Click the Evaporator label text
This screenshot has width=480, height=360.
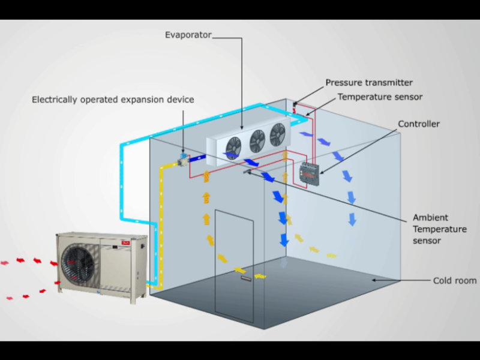[x=188, y=35]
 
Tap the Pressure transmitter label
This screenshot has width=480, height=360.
[x=369, y=83]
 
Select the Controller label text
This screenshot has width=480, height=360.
[x=418, y=124]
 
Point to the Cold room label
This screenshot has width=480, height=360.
[x=455, y=280]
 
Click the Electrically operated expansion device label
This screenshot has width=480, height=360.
[x=113, y=100]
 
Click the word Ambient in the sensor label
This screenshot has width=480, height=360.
[x=430, y=218]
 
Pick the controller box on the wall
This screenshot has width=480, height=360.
[x=309, y=173]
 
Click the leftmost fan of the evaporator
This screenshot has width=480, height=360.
[x=233, y=148]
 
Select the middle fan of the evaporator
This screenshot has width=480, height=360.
[x=257, y=141]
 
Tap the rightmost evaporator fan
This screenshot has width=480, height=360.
[x=277, y=134]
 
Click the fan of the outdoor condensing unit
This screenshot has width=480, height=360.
[x=78, y=263]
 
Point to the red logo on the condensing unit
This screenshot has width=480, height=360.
[x=126, y=243]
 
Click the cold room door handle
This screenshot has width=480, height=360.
[x=246, y=278]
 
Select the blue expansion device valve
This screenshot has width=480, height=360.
[x=184, y=156]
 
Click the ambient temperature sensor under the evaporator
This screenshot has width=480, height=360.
[x=247, y=172]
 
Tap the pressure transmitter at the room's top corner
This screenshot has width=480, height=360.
[x=295, y=104]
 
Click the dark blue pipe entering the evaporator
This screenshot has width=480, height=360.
[x=197, y=158]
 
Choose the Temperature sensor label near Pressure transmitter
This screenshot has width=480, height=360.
[x=380, y=97]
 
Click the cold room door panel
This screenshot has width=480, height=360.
[x=234, y=266]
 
